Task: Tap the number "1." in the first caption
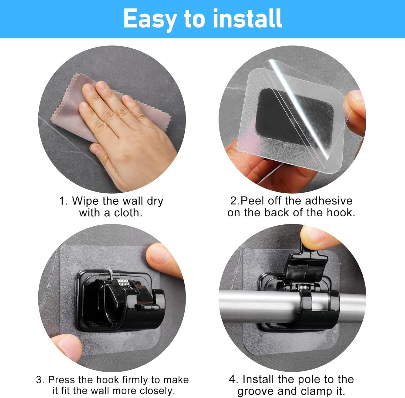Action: click(x=63, y=201)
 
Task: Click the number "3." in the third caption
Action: click(x=40, y=380)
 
